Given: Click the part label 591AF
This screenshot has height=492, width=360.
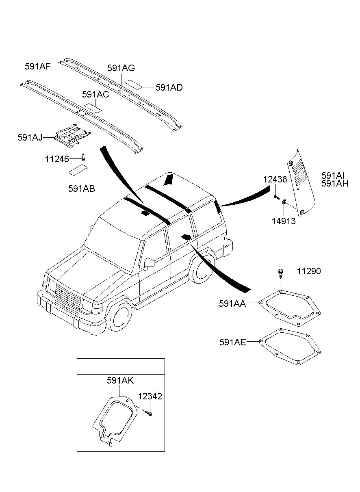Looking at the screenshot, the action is click(37, 66).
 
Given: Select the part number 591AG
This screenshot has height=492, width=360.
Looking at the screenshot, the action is click(121, 68).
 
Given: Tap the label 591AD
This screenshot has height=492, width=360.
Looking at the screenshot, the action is click(169, 87).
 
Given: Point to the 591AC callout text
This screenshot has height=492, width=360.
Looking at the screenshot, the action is click(95, 94).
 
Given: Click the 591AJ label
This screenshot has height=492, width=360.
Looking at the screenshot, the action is click(30, 137).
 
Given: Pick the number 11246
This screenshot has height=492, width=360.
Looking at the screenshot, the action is click(57, 159).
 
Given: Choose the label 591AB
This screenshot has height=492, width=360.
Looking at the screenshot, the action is click(82, 189).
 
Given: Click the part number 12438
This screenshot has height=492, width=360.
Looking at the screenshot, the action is click(275, 180).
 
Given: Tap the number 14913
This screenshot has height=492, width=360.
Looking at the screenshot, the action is click(284, 221).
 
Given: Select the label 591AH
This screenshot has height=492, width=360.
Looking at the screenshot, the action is click(335, 183).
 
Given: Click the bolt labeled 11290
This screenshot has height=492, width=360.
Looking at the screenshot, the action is click(280, 274).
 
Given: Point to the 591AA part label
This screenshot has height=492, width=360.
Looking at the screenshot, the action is click(232, 303).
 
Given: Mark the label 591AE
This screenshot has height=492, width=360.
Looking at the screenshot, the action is click(232, 342).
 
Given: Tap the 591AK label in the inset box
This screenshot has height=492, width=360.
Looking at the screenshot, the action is click(120, 380).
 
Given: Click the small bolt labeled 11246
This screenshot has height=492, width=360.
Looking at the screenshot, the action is click(83, 157).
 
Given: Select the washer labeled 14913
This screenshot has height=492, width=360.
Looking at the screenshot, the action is click(284, 202).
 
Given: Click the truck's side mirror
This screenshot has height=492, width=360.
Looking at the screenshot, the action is click(149, 263).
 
